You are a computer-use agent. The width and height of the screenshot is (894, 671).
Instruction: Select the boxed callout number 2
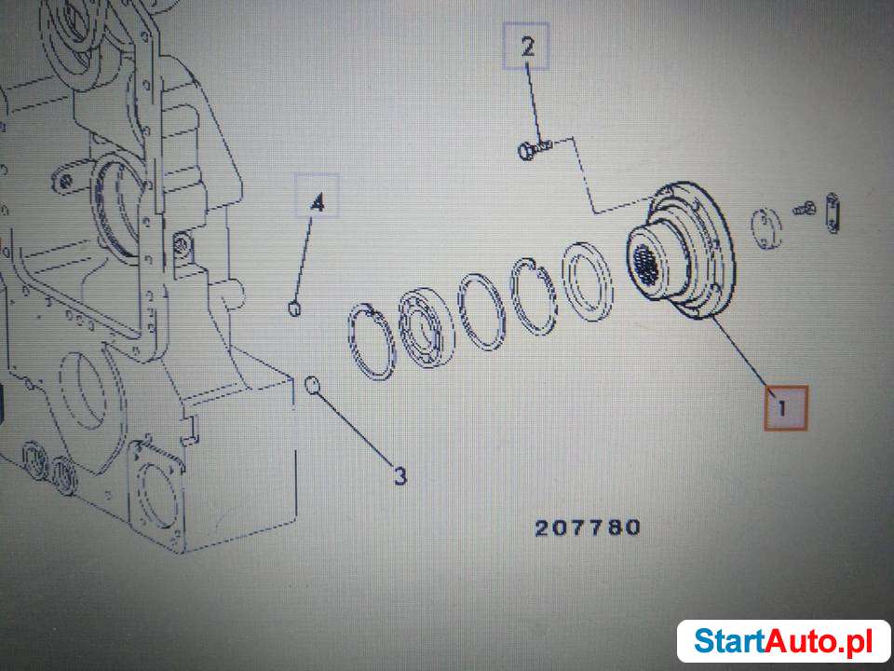pos(527,48)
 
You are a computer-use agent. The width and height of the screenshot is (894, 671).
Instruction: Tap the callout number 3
pos(399,476)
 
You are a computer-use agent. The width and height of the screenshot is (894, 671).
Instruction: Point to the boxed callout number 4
pos(317,202)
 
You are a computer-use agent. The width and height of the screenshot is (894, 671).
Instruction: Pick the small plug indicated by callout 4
pos(295,308)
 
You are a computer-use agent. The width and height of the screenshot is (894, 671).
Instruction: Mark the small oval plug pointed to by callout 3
pos(313,382)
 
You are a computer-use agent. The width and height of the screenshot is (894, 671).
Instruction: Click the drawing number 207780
pos(588,527)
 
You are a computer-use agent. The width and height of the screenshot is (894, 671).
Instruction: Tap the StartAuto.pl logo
pos(782,640)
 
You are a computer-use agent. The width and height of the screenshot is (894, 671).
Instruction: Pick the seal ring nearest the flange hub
pos(588,281)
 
